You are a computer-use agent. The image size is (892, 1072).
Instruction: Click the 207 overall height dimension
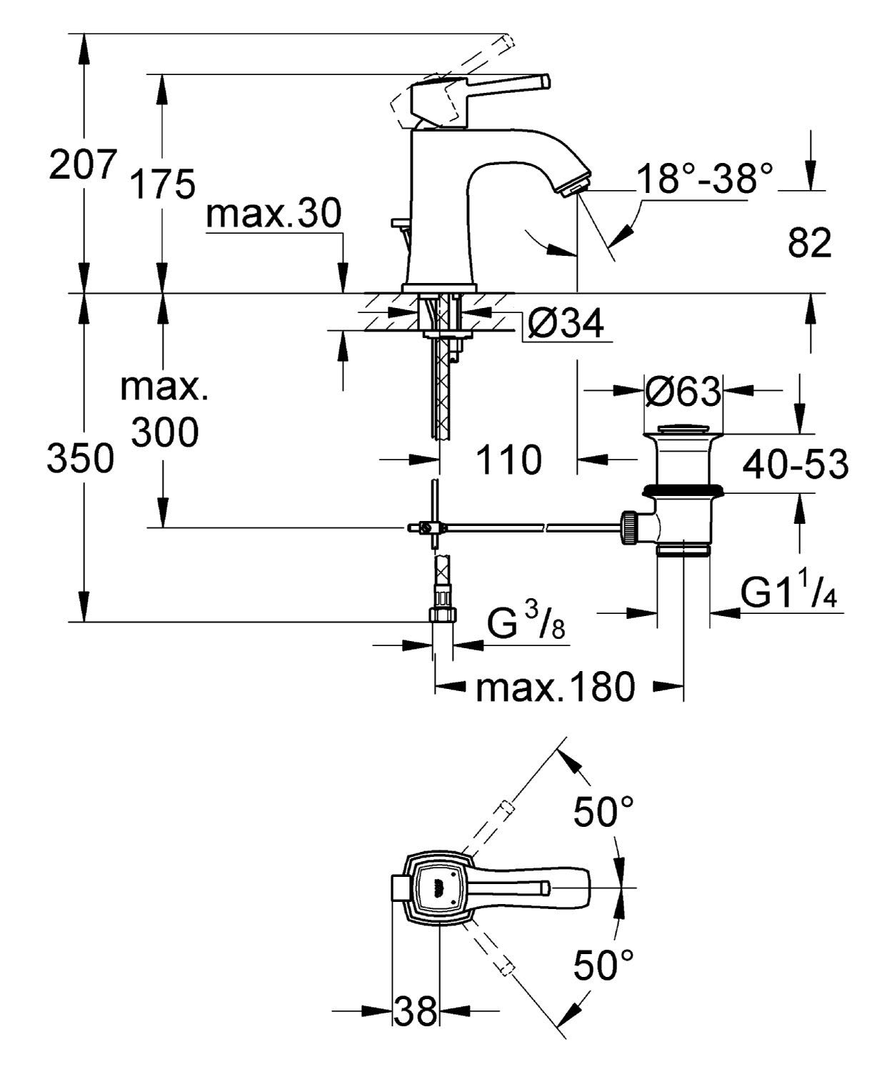tap(81, 166)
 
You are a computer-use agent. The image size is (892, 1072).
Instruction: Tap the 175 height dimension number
tap(162, 184)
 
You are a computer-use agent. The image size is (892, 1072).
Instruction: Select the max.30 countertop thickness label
tap(274, 214)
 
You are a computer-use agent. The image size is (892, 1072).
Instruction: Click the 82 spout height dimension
tap(810, 244)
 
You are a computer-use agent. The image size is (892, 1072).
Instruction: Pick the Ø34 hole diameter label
tap(566, 325)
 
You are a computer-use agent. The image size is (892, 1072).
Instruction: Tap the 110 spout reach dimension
tap(508, 460)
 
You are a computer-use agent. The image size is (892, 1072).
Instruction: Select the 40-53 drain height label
tap(795, 465)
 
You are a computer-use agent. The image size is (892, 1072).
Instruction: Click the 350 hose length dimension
tap(80, 458)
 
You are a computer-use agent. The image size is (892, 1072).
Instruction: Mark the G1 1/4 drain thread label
tap(788, 592)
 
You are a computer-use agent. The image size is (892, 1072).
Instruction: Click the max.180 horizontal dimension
tap(555, 688)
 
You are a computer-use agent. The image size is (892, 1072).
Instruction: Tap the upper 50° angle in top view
tap(603, 813)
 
